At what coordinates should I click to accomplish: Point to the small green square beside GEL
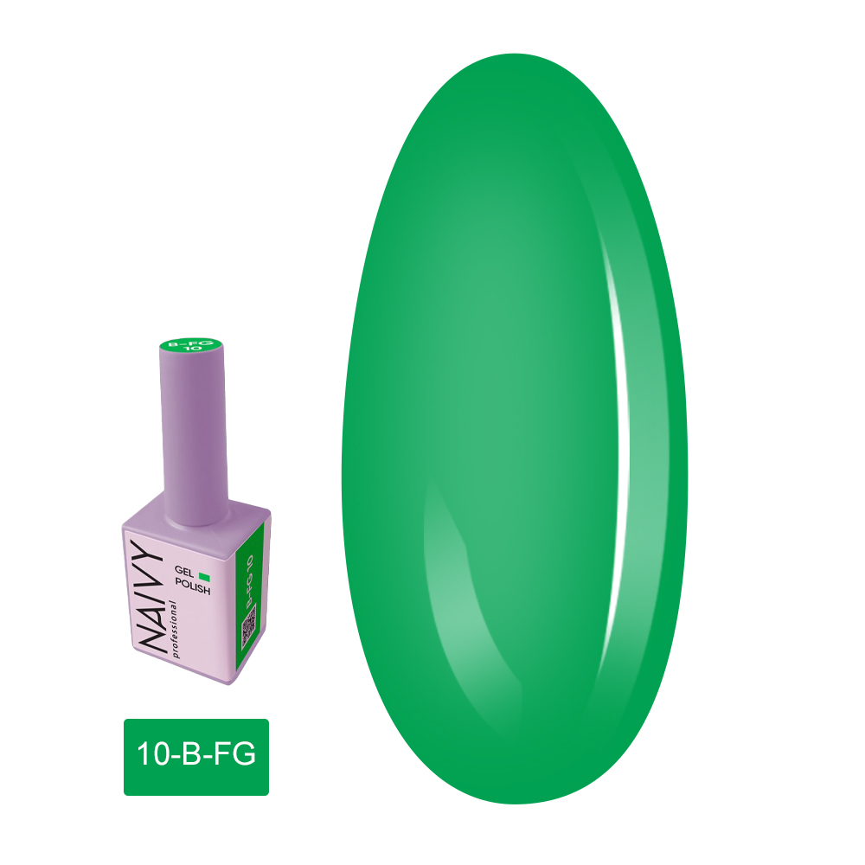(x=205, y=575)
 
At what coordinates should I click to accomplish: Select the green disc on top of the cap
(x=193, y=349)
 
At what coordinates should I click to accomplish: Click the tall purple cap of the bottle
(x=193, y=432)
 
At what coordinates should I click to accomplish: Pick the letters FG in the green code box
(x=234, y=755)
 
